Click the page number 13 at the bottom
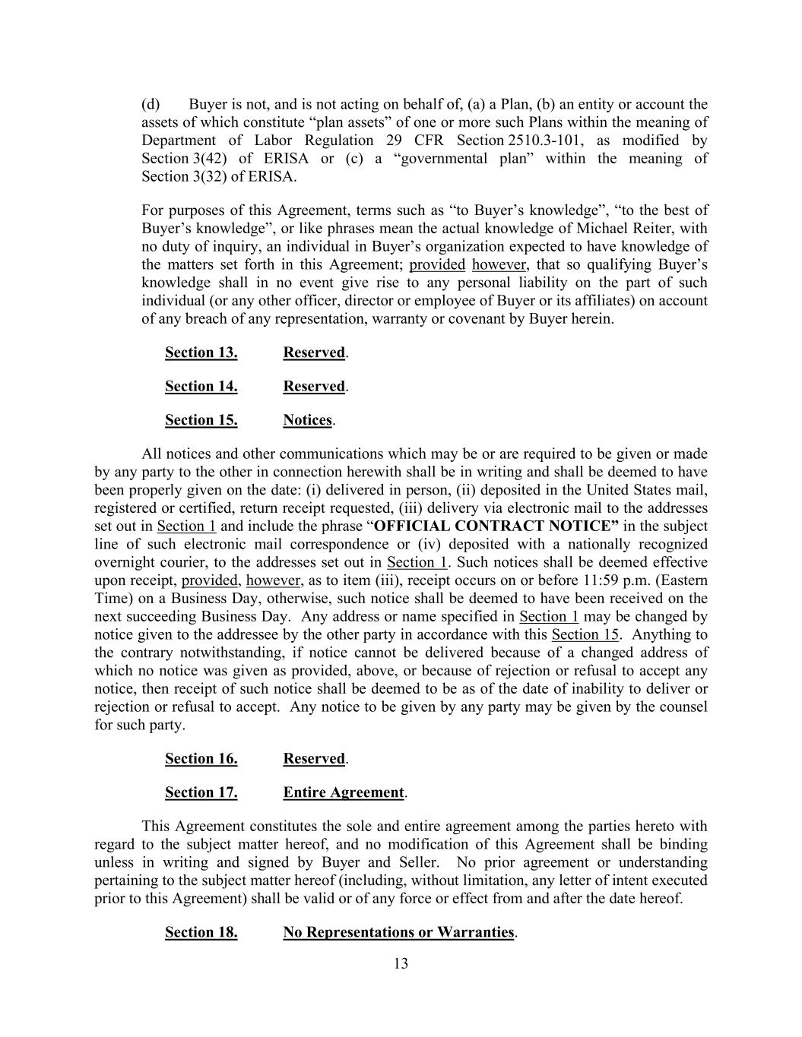[401, 964]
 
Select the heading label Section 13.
[201, 353]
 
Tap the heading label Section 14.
[201, 386]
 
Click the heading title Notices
[308, 420]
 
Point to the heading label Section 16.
[201, 758]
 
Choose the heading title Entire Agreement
[344, 792]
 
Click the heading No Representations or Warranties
[398, 932]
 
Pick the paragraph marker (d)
[151, 104]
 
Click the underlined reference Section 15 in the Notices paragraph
[585, 634]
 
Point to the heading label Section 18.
[201, 932]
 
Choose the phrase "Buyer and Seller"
[380, 862]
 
